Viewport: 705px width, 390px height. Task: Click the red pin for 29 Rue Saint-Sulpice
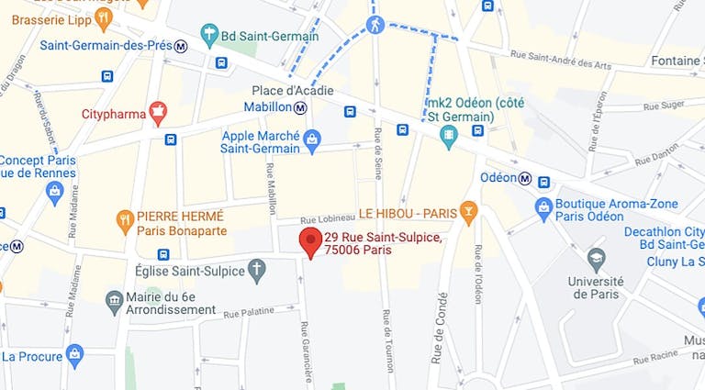point(310,242)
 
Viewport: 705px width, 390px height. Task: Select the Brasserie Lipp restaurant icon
point(103,17)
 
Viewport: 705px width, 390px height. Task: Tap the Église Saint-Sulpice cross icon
point(257,271)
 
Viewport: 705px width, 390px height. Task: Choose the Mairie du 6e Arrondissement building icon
point(114,299)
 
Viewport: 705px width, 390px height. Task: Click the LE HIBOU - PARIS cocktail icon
point(468,213)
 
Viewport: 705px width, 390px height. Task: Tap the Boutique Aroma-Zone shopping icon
point(543,209)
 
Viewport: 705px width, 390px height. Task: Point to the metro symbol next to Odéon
point(524,178)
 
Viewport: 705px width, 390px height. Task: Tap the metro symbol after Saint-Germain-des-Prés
point(181,46)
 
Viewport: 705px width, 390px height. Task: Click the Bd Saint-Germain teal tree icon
point(209,36)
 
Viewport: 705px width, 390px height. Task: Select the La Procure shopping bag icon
point(75,354)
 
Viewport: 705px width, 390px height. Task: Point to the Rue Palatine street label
point(249,312)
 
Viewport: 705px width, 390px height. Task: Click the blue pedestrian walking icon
point(375,24)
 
